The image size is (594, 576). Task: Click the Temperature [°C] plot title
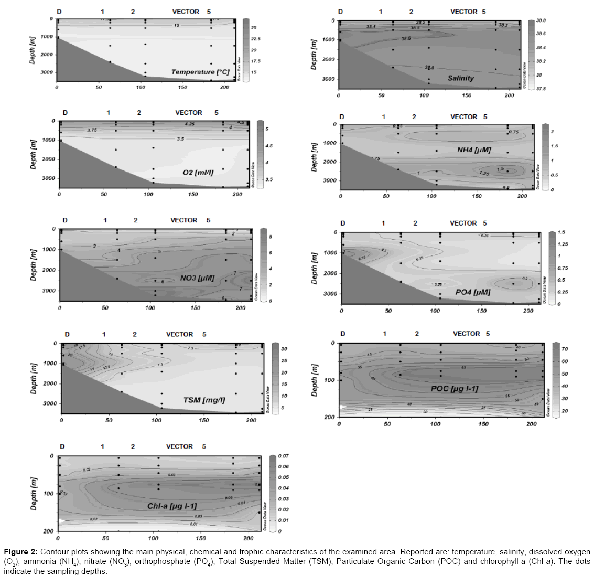pyautogui.click(x=200, y=72)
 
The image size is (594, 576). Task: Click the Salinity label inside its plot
pyautogui.click(x=460, y=78)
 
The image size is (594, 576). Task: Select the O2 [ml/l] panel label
pyautogui.click(x=198, y=172)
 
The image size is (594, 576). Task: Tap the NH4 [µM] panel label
pyautogui.click(x=474, y=150)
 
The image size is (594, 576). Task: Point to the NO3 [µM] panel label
pyautogui.click(x=197, y=278)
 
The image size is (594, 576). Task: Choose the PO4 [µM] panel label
pyautogui.click(x=473, y=292)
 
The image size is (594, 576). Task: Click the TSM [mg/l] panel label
pyautogui.click(x=204, y=400)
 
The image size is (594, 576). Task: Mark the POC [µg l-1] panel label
pyautogui.click(x=455, y=389)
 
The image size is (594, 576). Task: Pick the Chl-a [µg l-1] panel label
pyautogui.click(x=172, y=506)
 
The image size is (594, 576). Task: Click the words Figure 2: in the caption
pyautogui.click(x=20, y=552)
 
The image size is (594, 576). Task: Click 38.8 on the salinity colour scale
pyautogui.click(x=541, y=20)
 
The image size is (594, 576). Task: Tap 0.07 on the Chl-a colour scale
pyautogui.click(x=283, y=456)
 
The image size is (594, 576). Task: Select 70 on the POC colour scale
pyautogui.click(x=565, y=349)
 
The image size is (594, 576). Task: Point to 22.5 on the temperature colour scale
pyautogui.click(x=255, y=39)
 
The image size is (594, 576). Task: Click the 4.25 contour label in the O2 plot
pyautogui.click(x=189, y=124)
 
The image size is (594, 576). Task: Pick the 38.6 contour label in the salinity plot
pyautogui.click(x=406, y=39)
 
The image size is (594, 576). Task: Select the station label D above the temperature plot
pyautogui.click(x=59, y=12)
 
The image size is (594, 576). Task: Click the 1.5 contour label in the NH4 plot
pyautogui.click(x=500, y=169)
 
